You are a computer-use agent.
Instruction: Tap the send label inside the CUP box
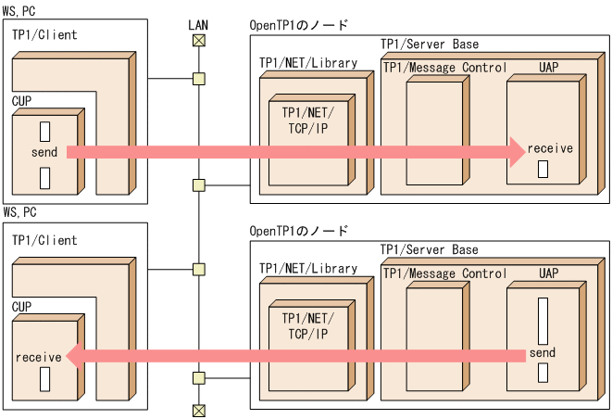tap(44, 152)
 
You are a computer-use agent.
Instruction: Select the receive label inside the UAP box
tap(550, 148)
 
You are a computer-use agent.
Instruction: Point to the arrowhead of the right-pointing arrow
tap(515, 151)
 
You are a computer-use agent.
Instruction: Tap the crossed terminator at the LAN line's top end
tap(198, 41)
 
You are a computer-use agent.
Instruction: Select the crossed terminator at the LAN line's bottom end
tap(198, 410)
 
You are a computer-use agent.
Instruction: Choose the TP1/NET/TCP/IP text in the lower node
tap(308, 324)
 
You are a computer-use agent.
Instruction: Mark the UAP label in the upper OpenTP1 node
tap(548, 68)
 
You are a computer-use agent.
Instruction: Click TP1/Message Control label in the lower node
tap(445, 273)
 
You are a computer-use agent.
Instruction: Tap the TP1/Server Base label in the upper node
tap(430, 44)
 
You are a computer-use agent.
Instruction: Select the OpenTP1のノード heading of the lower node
tap(299, 230)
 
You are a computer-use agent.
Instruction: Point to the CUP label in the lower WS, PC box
tap(22, 304)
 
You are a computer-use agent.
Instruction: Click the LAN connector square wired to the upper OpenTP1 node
tap(198, 185)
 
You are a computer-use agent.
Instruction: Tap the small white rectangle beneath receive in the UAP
tap(543, 169)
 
